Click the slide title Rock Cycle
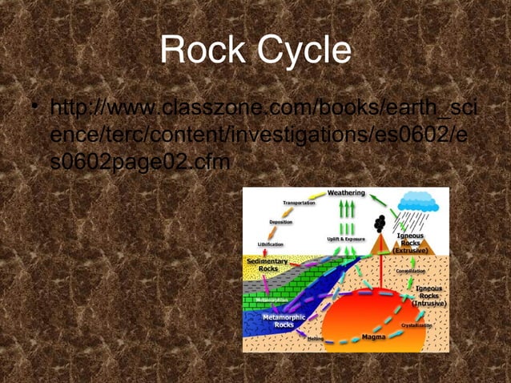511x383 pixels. (255, 50)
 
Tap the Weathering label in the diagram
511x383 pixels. (347, 193)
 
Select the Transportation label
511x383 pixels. (299, 204)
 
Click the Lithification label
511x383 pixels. (270, 243)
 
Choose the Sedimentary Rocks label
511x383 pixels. (263, 264)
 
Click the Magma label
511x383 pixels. (373, 337)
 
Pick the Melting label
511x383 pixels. (315, 339)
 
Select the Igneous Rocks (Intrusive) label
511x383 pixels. (429, 296)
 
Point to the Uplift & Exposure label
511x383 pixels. (345, 239)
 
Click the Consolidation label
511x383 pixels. (416, 271)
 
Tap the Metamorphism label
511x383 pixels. (273, 300)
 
